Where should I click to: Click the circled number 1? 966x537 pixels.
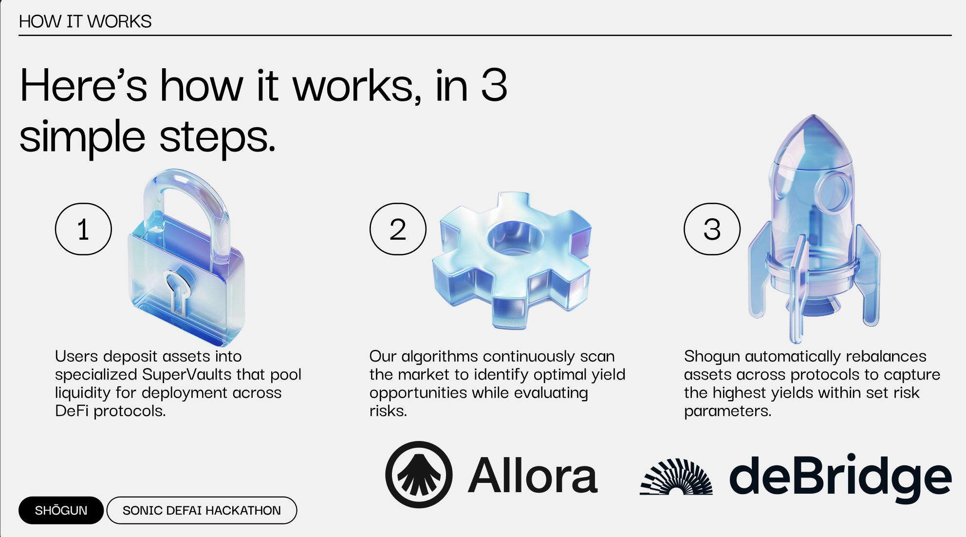[x=83, y=229]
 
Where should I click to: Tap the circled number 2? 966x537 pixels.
[x=398, y=229]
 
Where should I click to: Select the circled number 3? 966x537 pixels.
[x=712, y=229]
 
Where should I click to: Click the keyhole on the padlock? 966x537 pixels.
[x=177, y=292]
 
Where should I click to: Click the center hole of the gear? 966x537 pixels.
[x=515, y=238]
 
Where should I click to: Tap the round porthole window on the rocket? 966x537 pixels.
[x=834, y=192]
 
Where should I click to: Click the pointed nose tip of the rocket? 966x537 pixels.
[x=813, y=115]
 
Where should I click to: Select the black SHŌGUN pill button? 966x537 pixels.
[x=61, y=510]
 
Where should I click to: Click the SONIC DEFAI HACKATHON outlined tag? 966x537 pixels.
[x=202, y=510]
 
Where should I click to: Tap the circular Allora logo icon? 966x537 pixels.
[x=419, y=475]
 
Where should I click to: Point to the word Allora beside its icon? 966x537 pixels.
[x=533, y=476]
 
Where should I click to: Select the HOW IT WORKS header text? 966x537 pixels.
[x=85, y=21]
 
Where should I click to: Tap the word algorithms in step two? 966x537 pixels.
[x=440, y=357]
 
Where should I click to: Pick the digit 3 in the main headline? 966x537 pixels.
[x=494, y=85]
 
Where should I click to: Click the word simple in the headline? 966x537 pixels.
[x=82, y=137]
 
